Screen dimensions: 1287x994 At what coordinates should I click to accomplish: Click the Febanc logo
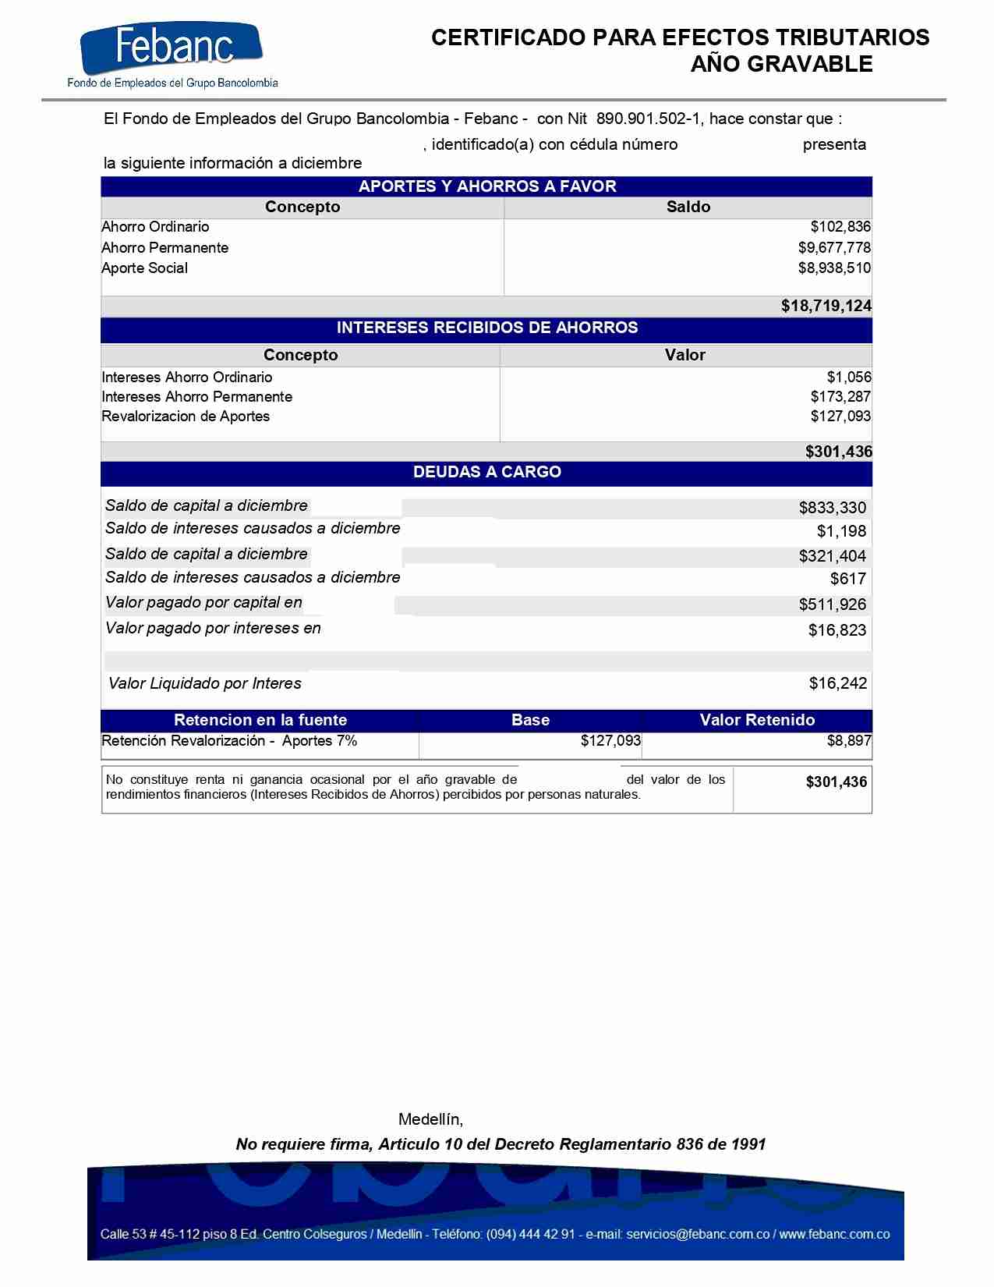click(172, 55)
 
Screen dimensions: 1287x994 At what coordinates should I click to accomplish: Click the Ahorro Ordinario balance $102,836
click(840, 227)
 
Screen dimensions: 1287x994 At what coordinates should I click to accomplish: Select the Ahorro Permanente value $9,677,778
click(833, 248)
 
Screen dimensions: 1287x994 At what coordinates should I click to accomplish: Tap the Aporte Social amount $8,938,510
click(833, 268)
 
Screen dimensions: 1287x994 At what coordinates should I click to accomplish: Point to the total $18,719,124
click(826, 306)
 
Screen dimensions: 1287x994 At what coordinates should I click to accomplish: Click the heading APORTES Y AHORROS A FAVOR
click(486, 186)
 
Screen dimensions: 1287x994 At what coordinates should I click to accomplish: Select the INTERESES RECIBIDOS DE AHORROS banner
click(486, 328)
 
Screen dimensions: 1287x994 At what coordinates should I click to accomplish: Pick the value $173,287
click(840, 397)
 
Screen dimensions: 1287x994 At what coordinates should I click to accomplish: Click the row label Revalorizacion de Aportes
click(186, 417)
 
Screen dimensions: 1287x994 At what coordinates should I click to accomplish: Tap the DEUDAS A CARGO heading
click(486, 472)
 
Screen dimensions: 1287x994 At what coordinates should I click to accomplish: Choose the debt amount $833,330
click(832, 508)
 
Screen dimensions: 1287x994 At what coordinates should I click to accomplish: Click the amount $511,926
click(832, 604)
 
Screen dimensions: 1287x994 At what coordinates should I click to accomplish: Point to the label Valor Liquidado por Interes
click(205, 684)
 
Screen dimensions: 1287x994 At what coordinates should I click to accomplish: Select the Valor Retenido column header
click(757, 720)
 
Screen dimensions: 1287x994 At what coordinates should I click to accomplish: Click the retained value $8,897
click(848, 741)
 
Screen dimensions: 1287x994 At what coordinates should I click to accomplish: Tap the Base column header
click(530, 720)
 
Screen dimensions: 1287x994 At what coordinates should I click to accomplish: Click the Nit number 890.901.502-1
click(649, 119)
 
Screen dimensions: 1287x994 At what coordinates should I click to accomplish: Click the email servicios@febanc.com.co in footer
click(697, 1234)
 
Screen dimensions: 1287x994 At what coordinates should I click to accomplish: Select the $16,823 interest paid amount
click(837, 630)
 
